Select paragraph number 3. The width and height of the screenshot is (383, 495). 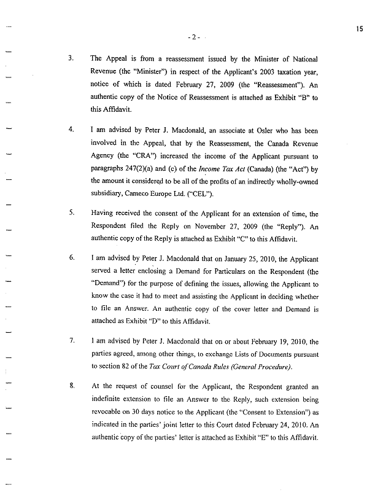(x=72, y=59)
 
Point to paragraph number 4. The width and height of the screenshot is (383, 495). (x=72, y=130)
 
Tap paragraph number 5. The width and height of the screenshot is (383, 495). (x=72, y=213)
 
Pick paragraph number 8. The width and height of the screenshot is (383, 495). (x=72, y=386)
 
